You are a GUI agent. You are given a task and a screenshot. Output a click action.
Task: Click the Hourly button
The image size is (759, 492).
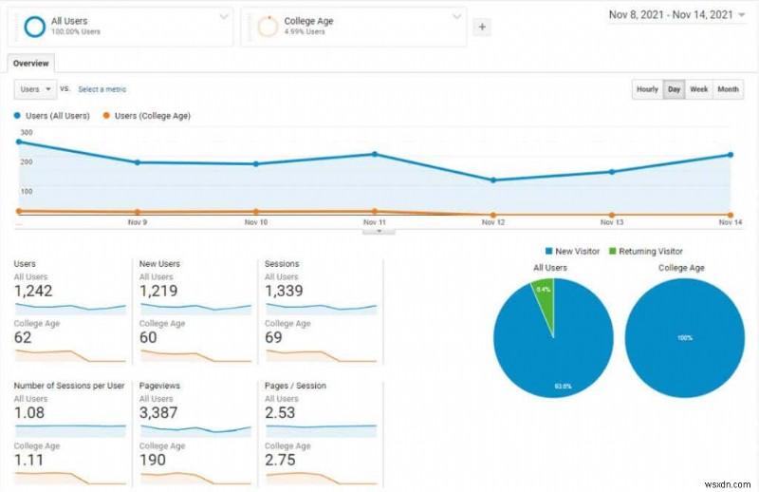pos(647,89)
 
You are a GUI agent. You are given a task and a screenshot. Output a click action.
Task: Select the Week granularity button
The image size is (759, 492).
pos(699,89)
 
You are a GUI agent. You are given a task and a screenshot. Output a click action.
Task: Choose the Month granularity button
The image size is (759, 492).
pos(728,89)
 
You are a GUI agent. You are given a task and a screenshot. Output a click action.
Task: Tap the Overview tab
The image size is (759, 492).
pos(30,63)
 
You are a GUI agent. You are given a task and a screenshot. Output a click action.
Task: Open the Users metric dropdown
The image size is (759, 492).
pos(35,89)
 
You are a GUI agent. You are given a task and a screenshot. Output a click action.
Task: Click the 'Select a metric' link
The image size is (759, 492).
pos(102,89)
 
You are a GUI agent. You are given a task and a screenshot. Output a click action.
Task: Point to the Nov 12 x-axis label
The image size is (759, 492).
pos(492,222)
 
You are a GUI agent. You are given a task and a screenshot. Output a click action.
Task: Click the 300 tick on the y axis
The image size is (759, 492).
pos(26,133)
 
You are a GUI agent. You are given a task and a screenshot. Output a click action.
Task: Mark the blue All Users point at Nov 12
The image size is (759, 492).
pos(492,180)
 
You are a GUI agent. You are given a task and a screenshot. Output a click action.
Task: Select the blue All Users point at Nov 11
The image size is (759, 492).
pos(375,154)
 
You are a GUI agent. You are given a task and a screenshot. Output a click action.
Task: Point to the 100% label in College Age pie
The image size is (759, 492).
pos(684,338)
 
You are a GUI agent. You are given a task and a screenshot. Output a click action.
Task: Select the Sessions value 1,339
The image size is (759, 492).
pos(285,291)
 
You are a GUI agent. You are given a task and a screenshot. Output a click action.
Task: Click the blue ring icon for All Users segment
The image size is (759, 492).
pos(34,27)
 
